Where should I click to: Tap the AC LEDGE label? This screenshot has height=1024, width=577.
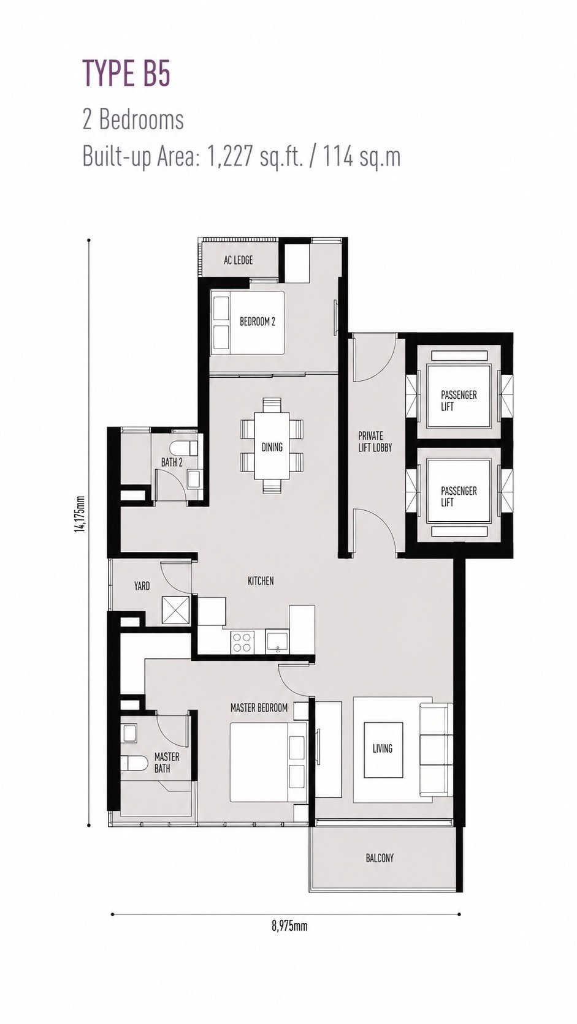pos(238,260)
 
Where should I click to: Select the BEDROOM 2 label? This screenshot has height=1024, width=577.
pos(257,322)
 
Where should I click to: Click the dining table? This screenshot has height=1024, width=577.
pos(272,446)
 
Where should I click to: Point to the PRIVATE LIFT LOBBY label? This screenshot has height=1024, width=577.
pos(375,442)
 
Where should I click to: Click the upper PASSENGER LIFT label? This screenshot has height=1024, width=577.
pos(459,401)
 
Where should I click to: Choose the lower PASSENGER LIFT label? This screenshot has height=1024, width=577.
pos(459,497)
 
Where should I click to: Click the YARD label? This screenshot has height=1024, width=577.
pos(142,585)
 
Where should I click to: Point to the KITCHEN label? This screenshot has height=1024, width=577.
pos(261,581)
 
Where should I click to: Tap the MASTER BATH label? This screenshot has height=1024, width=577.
pos(167,762)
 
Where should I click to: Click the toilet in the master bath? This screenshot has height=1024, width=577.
pos(134,763)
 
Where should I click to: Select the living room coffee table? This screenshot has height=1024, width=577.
pos(383,750)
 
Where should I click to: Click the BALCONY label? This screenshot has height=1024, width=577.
pos(380,858)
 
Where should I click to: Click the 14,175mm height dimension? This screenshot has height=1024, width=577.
pos(81,514)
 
